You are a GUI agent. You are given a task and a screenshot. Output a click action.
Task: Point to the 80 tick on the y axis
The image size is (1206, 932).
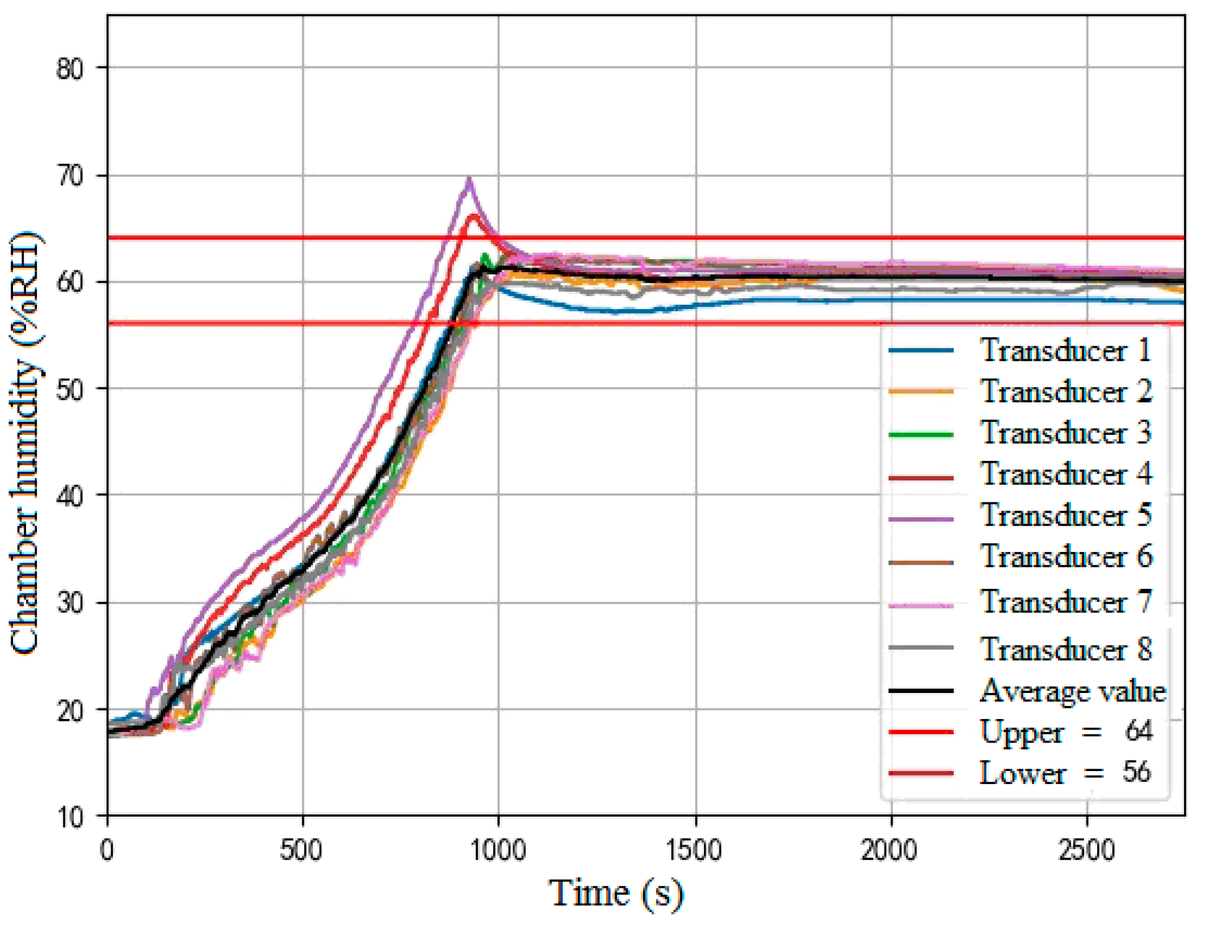pos(70,69)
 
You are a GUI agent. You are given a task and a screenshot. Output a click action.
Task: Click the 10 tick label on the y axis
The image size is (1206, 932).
pos(70,817)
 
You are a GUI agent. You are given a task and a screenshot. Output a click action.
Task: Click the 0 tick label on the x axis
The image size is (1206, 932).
pos(107,851)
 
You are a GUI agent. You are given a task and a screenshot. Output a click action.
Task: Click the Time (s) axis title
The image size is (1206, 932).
pos(616,894)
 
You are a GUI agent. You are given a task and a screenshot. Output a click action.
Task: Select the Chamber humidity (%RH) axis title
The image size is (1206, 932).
pos(25,444)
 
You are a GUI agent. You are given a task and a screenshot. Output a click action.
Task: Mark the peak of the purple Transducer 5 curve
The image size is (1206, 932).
pos(469,179)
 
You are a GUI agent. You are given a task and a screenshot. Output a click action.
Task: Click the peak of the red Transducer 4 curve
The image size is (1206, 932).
pos(474,215)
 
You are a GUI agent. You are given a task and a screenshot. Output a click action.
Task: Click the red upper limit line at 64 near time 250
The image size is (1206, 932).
pos(205,238)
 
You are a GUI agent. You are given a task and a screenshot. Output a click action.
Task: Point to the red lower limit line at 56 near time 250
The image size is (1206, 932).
pos(205,323)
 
